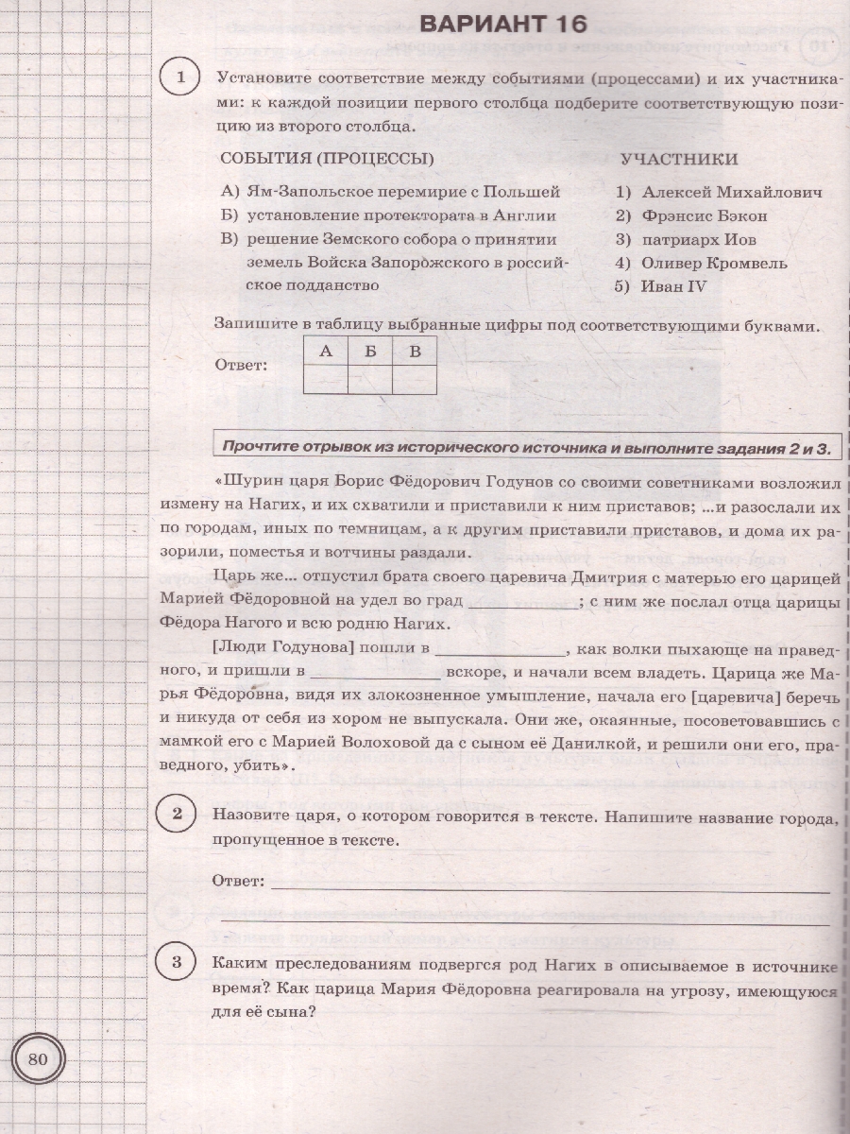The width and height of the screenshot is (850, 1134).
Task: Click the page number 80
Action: (39, 1057)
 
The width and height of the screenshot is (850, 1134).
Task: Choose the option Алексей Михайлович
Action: (731, 192)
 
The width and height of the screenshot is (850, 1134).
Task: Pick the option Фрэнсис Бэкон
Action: (704, 215)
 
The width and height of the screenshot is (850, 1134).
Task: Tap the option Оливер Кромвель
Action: (713, 263)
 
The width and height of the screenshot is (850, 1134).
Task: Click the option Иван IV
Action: (673, 286)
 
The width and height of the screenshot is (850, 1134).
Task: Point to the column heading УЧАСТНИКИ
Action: (679, 159)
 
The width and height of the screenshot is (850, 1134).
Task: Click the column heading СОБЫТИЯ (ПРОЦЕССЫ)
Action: (320, 159)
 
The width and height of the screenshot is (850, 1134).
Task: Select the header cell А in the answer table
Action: (326, 352)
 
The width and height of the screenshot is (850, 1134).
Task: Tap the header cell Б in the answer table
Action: (369, 352)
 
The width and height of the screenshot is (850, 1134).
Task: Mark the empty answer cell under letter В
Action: (414, 380)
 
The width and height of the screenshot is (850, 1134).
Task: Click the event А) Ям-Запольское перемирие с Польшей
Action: (390, 192)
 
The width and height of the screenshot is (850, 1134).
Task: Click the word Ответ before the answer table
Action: (243, 365)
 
